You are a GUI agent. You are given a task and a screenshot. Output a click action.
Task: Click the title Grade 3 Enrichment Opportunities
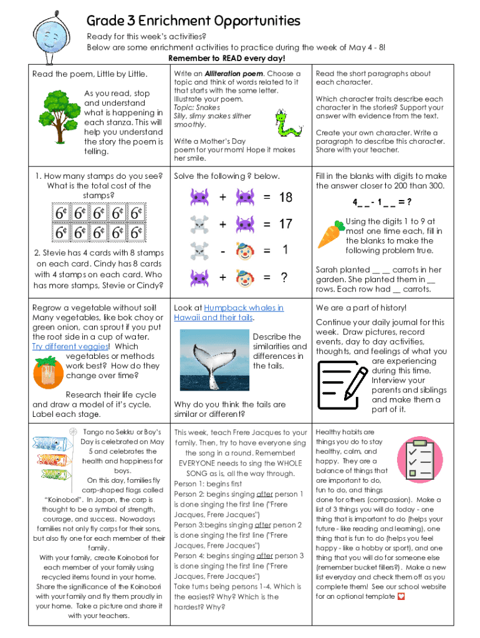(x=193, y=21)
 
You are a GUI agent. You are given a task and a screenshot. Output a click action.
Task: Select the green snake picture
(x=286, y=122)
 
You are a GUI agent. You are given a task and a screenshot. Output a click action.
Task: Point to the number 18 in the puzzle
(x=286, y=198)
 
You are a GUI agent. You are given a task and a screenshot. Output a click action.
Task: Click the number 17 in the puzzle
(x=286, y=224)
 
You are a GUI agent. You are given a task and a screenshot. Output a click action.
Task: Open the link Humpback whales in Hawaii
(x=228, y=313)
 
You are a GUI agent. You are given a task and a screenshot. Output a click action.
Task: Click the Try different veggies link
(x=70, y=346)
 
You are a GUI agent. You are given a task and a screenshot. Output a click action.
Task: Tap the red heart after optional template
(x=401, y=596)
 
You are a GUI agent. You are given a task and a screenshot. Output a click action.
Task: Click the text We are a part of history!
(x=361, y=308)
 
